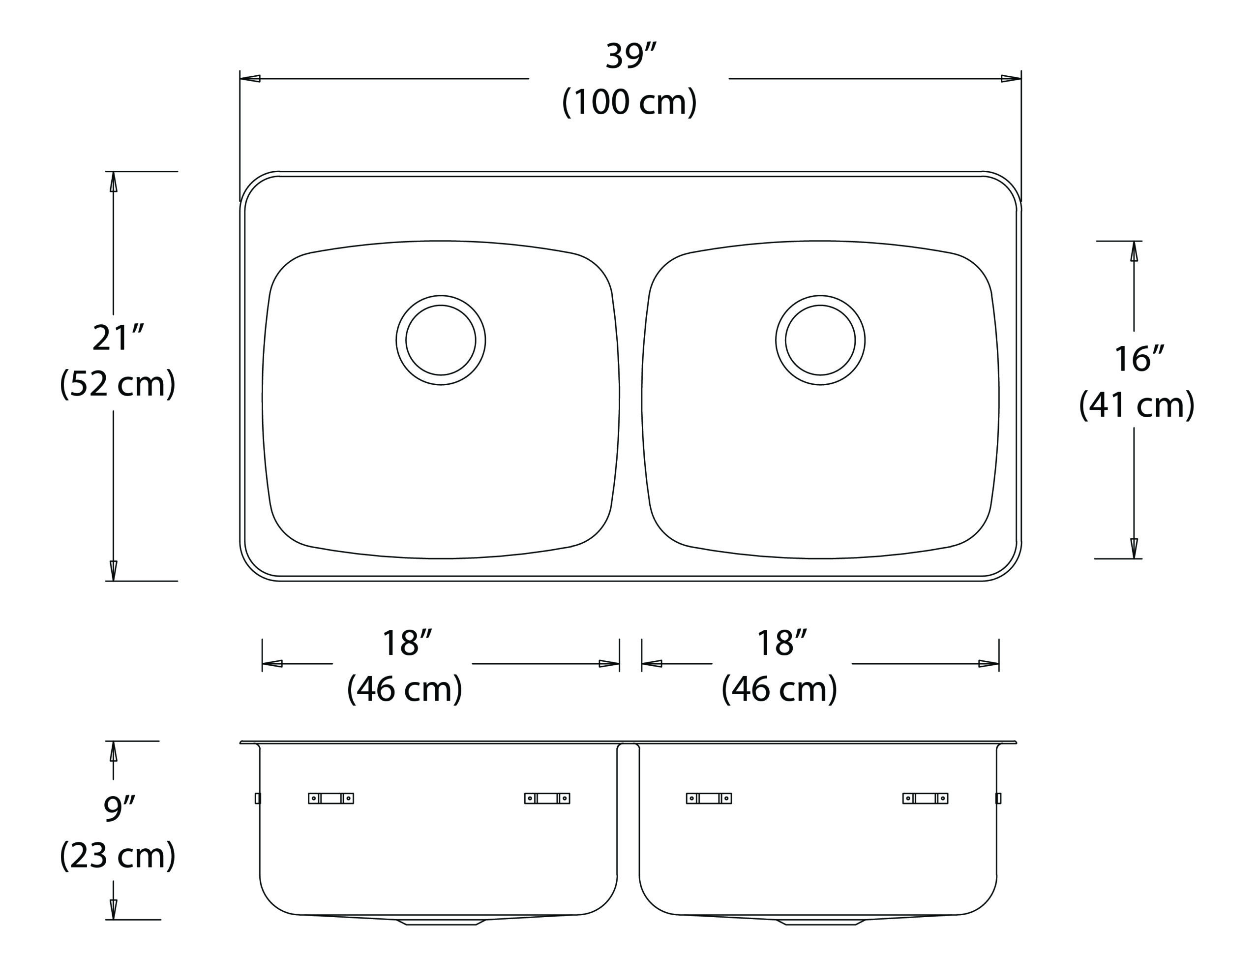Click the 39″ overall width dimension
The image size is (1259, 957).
[630, 57]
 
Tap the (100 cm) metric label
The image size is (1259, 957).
[629, 102]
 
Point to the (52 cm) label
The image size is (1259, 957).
[118, 383]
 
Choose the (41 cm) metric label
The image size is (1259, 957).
[1137, 405]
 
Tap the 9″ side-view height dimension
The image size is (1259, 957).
[119, 809]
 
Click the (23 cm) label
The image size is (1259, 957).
[118, 855]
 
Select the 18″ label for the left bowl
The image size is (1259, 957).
[407, 643]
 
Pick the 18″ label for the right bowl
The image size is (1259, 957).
[781, 643]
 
